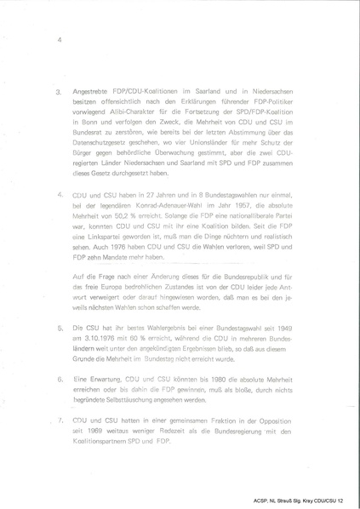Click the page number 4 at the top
point(60,38)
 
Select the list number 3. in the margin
point(59,91)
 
